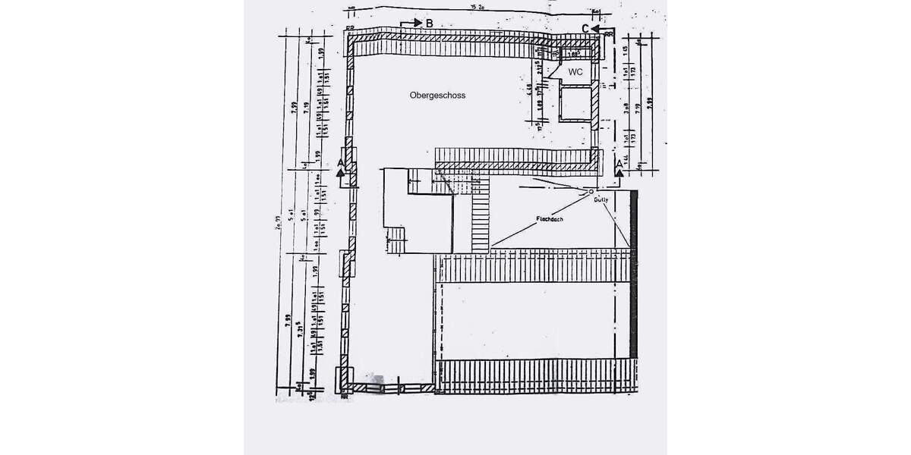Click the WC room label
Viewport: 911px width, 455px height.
[x=575, y=72]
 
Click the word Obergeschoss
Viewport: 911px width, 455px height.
[x=437, y=96]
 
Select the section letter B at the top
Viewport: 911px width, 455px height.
[x=429, y=24]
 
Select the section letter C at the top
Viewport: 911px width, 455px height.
[x=585, y=29]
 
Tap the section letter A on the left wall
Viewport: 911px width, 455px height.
[x=341, y=163]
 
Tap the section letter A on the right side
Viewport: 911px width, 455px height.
[x=619, y=163]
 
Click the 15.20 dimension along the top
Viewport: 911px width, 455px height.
[x=477, y=7]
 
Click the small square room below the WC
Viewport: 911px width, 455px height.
[x=575, y=104]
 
